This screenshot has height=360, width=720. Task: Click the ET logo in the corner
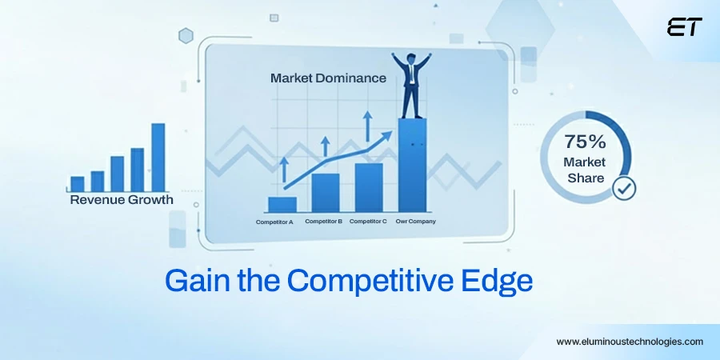pyautogui.click(x=684, y=27)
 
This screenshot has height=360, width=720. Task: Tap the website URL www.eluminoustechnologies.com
pyautogui.click(x=630, y=341)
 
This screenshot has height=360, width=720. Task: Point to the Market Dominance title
pyautogui.click(x=328, y=78)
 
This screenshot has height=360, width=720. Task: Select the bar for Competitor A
pyautogui.click(x=282, y=205)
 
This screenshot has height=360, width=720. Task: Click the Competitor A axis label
pyautogui.click(x=274, y=222)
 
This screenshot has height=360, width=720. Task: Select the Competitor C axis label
pyautogui.click(x=368, y=222)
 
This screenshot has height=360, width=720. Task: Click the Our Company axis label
pyautogui.click(x=415, y=222)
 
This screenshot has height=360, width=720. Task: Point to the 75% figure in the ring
pyautogui.click(x=585, y=142)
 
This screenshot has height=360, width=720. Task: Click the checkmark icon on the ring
pyautogui.click(x=623, y=188)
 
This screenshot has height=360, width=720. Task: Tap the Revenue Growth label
pyautogui.click(x=121, y=200)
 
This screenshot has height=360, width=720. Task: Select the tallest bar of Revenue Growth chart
pyautogui.click(x=158, y=158)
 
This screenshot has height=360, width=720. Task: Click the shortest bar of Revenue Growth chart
pyautogui.click(x=78, y=184)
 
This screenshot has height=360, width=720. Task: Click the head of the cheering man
pyautogui.click(x=410, y=59)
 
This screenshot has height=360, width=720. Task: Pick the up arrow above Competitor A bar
pyautogui.click(x=283, y=169)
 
